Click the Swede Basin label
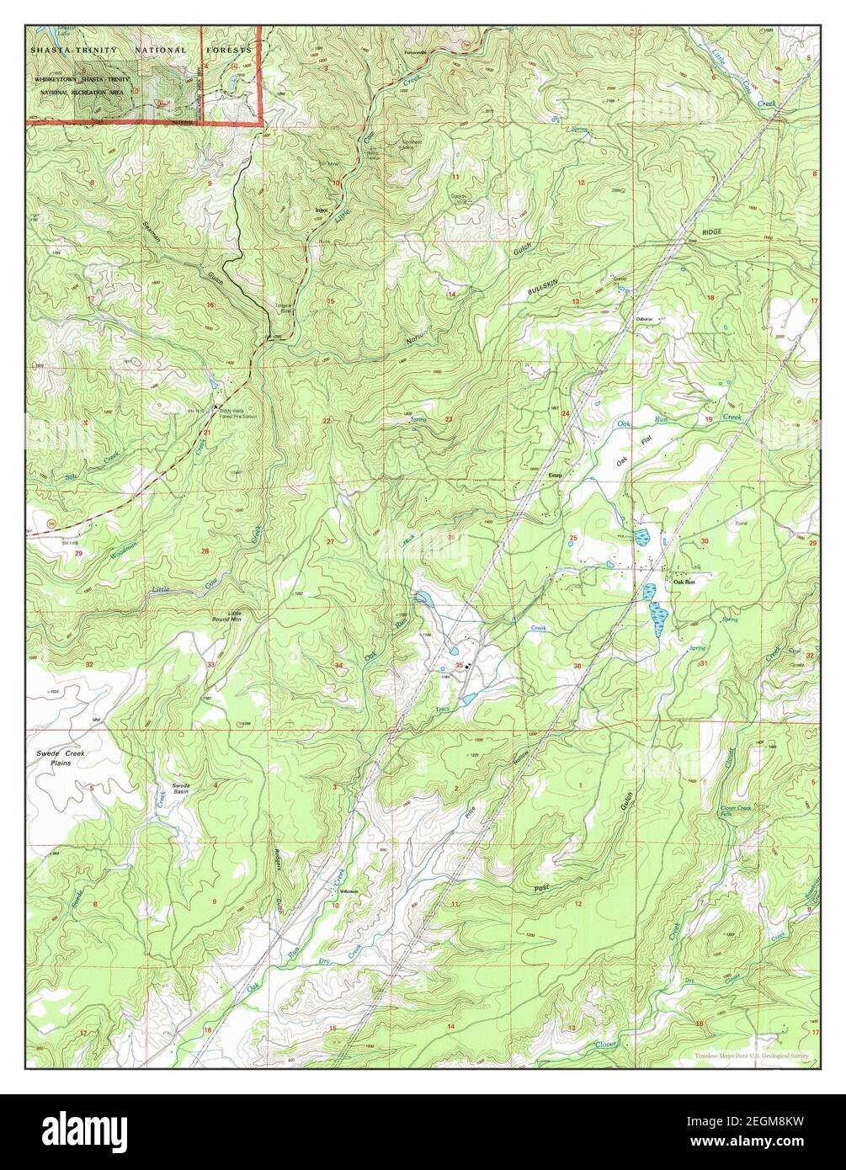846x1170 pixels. (x=182, y=788)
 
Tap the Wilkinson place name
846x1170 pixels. (x=349, y=891)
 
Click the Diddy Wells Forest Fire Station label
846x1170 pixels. (x=238, y=413)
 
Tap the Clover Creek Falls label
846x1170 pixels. (x=736, y=811)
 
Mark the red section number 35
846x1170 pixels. (x=459, y=665)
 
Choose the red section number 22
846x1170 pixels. (x=326, y=420)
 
